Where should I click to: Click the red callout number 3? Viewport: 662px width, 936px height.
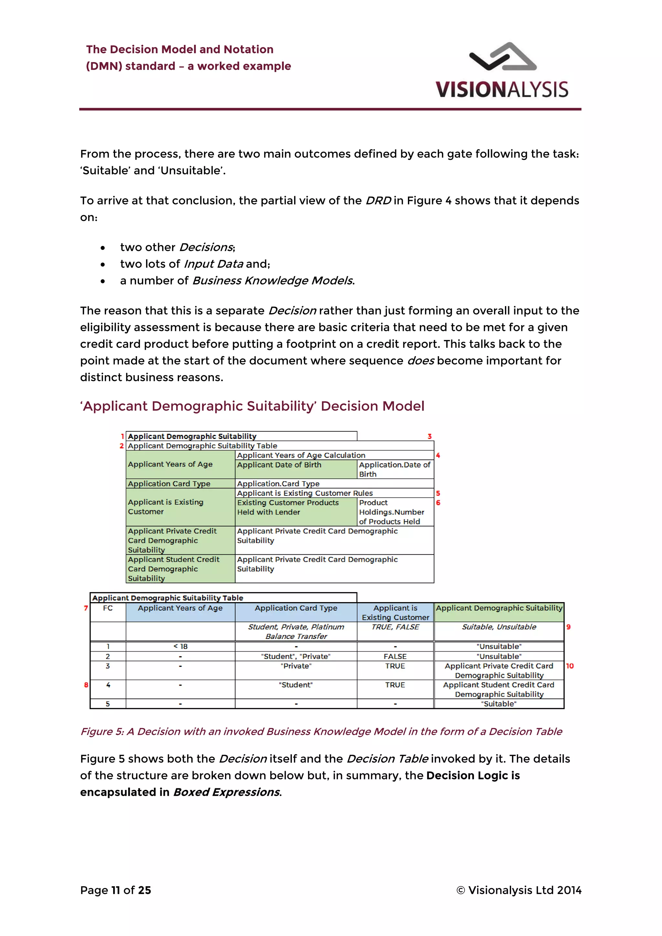429,436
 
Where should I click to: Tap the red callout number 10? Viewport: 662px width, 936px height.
570,666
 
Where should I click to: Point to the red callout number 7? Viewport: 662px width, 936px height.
86,608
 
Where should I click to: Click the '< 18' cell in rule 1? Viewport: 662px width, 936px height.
180,646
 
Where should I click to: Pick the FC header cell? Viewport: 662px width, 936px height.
108,608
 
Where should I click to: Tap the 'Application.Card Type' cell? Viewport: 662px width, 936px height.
278,484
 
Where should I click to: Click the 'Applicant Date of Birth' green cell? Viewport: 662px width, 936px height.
279,465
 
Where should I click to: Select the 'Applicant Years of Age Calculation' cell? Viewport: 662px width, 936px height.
301,455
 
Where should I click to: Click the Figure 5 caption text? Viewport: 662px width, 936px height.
321,731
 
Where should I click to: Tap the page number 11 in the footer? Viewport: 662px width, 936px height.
116,890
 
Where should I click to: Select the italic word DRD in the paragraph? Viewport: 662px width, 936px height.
378,201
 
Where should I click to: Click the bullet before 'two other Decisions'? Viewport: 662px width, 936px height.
103,248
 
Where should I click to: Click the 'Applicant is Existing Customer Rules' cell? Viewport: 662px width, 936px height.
305,493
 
